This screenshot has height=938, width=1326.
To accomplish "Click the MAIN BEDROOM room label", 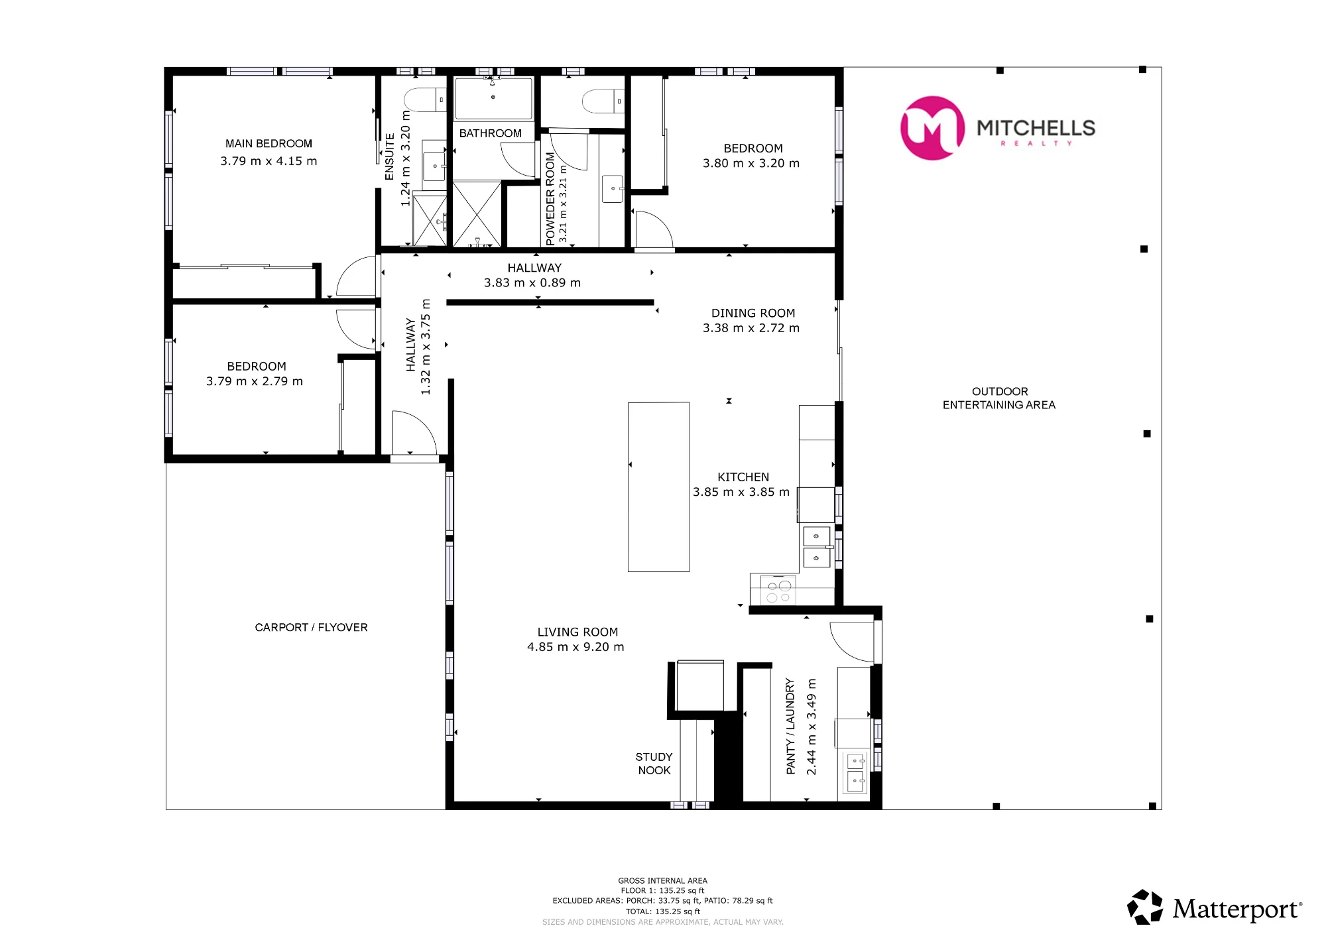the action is [269, 144].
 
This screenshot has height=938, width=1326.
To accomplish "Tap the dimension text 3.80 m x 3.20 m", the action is [751, 164].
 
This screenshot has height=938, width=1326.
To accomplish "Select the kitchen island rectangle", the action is [658, 487].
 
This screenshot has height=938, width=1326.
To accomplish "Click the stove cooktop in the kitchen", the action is [778, 591].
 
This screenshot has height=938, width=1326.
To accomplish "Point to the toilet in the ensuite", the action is [425, 100].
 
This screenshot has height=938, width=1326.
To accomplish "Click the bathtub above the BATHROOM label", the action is [493, 99].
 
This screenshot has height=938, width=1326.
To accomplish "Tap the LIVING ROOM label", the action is [577, 632].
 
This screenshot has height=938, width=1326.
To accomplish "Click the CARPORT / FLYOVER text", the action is [311, 628].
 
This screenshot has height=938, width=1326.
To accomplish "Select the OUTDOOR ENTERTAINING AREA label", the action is [999, 398].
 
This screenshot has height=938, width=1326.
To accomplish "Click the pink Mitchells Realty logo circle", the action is [932, 128].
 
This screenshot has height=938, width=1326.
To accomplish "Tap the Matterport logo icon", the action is [1145, 907].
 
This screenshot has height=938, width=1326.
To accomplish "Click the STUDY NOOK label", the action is [654, 764].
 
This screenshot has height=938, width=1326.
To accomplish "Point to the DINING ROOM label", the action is [753, 314].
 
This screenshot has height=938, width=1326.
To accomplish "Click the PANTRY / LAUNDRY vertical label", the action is [790, 726].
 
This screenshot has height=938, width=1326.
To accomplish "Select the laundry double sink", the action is [855, 772].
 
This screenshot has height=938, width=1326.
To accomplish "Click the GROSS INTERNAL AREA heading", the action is [663, 881].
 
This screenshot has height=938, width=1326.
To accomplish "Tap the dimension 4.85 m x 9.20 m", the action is [575, 647].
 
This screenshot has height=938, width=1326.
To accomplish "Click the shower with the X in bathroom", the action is [477, 214].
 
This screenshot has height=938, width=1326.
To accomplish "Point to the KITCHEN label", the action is [743, 477].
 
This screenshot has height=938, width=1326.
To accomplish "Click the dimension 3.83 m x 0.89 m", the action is [532, 283].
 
